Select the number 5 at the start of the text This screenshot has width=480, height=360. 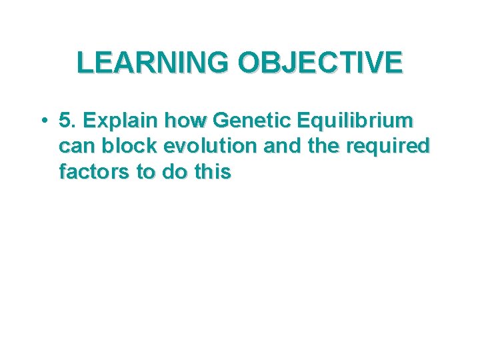(65, 121)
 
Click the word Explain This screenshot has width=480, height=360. (118, 121)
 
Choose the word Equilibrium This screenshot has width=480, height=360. (357, 121)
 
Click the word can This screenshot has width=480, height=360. (78, 147)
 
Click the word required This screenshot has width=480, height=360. (388, 147)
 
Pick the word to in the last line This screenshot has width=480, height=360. (145, 172)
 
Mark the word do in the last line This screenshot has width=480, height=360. (173, 172)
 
